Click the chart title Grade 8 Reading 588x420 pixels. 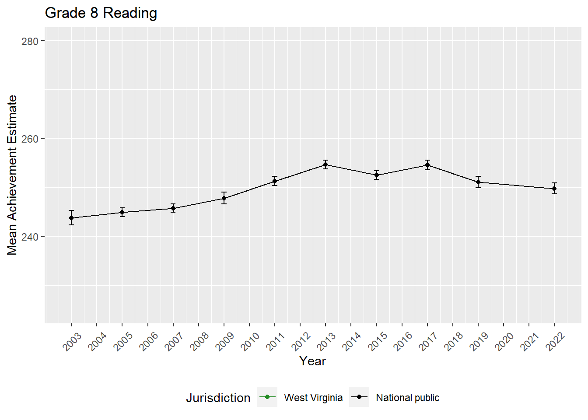[x=101, y=13]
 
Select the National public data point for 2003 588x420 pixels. [x=71, y=218]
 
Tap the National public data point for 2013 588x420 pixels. [x=325, y=164]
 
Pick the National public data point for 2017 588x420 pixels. [x=427, y=165]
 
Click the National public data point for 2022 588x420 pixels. [x=554, y=189]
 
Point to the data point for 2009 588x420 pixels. [x=224, y=198]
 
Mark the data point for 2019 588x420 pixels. [x=478, y=182]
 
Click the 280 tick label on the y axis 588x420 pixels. [x=30, y=41]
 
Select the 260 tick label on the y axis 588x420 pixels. [x=30, y=139]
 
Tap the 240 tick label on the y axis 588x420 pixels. [x=30, y=237]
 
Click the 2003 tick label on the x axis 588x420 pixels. [x=72, y=341]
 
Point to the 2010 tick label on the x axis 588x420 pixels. [x=250, y=341]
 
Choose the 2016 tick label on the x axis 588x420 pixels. [x=402, y=341]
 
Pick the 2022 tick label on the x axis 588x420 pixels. [x=555, y=341]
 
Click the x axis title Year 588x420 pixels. [x=312, y=361]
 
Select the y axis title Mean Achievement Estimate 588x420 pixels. [x=12, y=175]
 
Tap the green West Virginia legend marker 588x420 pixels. [x=267, y=397]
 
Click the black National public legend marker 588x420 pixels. [x=359, y=397]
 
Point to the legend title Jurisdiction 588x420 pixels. [x=218, y=398]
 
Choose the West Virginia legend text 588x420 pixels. [x=313, y=398]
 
